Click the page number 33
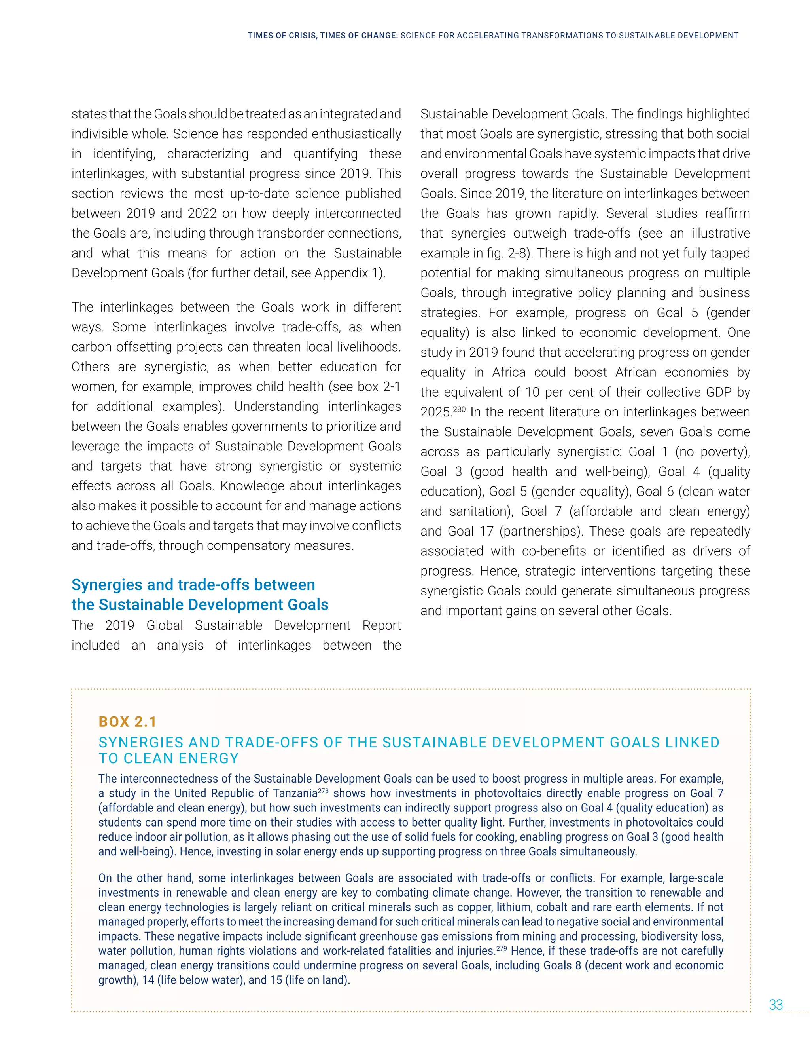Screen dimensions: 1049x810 (776, 1004)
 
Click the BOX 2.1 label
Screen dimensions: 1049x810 (128, 722)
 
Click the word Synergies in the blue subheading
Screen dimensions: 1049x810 (107, 585)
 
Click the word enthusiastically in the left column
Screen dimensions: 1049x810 (356, 134)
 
